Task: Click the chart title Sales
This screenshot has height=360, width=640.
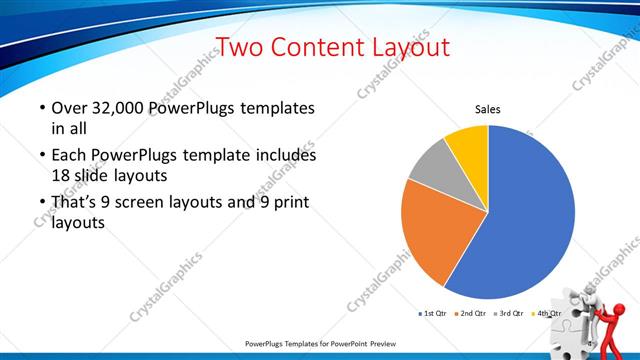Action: pos(487,109)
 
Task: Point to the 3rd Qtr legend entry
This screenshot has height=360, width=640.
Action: pos(511,314)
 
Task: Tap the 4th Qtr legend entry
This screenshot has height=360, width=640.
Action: pos(548,314)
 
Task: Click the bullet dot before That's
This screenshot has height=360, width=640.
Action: pos(41,204)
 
